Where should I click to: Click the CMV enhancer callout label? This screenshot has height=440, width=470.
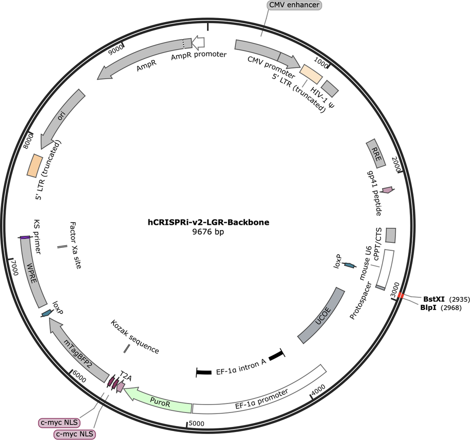tap(294, 5)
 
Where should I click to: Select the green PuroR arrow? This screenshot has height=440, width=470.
tap(159, 399)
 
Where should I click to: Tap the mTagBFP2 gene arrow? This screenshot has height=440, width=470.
tap(76, 349)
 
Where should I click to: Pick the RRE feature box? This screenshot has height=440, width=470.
tap(376, 153)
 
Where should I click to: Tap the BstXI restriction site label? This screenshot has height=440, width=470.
tap(433, 299)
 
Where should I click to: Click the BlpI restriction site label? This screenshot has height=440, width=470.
tap(428, 308)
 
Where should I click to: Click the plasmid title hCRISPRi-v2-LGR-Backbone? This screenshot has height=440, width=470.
tap(208, 222)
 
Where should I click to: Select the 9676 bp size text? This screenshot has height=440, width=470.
tap(208, 232)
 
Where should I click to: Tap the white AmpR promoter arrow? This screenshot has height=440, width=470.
tap(198, 43)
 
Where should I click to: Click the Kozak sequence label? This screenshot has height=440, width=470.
tap(135, 337)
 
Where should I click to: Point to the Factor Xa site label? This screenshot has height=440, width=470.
tap(75, 245)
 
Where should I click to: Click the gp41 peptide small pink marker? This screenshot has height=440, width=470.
tap(388, 190)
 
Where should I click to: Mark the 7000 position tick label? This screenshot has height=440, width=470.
tap(14, 267)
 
